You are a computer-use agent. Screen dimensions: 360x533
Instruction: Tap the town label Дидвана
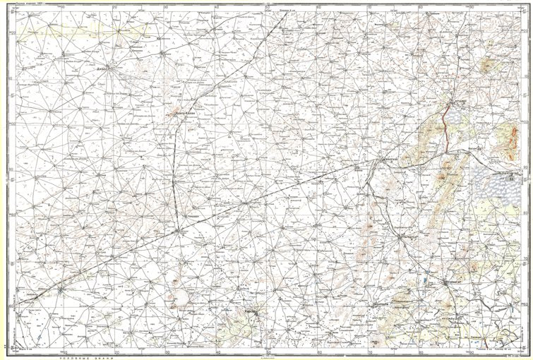tap(97, 70)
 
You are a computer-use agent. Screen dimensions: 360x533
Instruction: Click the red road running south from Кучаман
tap(444, 124)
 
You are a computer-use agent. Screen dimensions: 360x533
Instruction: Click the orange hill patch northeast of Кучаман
tap(487, 67)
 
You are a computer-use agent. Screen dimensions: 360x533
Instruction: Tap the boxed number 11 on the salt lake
tap(510, 181)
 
